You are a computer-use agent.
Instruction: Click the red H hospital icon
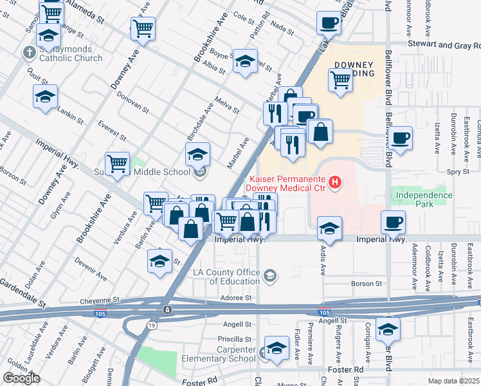click(x=334, y=183)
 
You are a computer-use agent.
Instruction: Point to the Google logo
click(x=21, y=378)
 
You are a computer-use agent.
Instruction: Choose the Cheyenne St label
click(x=100, y=300)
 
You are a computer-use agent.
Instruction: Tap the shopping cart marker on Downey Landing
click(x=340, y=81)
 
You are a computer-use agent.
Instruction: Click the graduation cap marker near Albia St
click(x=244, y=62)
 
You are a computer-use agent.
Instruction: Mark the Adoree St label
click(x=237, y=298)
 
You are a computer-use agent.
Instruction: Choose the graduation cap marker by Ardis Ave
click(x=329, y=228)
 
